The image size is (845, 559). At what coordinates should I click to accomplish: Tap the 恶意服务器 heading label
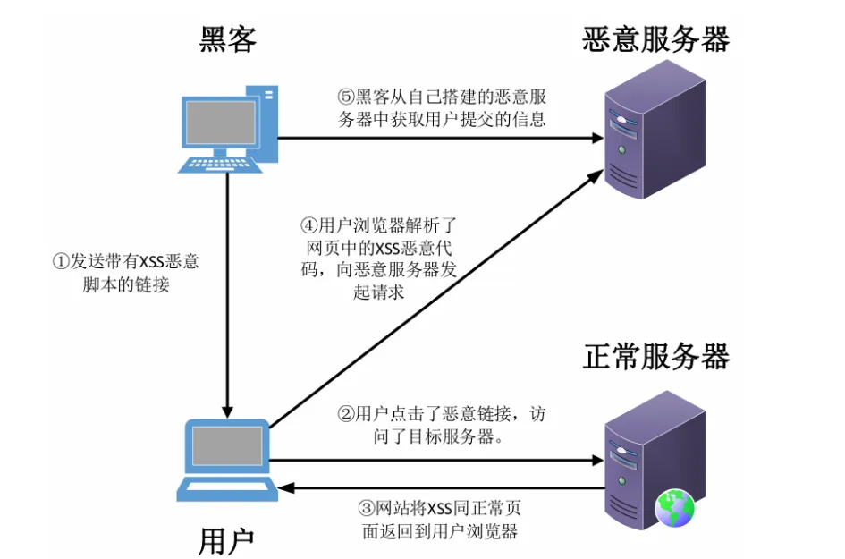coord(655,38)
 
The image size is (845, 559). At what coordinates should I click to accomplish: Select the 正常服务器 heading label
coord(655,356)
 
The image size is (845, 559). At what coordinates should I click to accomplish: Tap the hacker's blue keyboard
coord(221,165)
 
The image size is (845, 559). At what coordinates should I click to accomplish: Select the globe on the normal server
coord(674,508)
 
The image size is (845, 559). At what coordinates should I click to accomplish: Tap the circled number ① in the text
coord(61,262)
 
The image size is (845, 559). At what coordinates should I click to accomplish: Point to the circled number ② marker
coord(344,414)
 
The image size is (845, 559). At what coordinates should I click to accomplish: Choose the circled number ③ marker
coord(365,508)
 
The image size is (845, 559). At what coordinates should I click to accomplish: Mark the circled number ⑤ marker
coord(345,97)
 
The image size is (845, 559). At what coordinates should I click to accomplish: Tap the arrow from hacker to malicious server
coord(438,138)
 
